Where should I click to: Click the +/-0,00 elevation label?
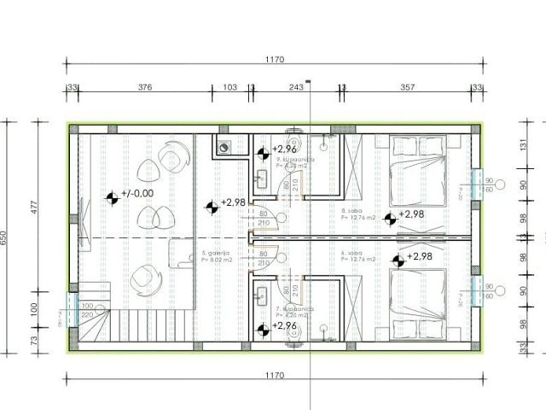tap(137, 194)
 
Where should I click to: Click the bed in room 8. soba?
tap(417, 171)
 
